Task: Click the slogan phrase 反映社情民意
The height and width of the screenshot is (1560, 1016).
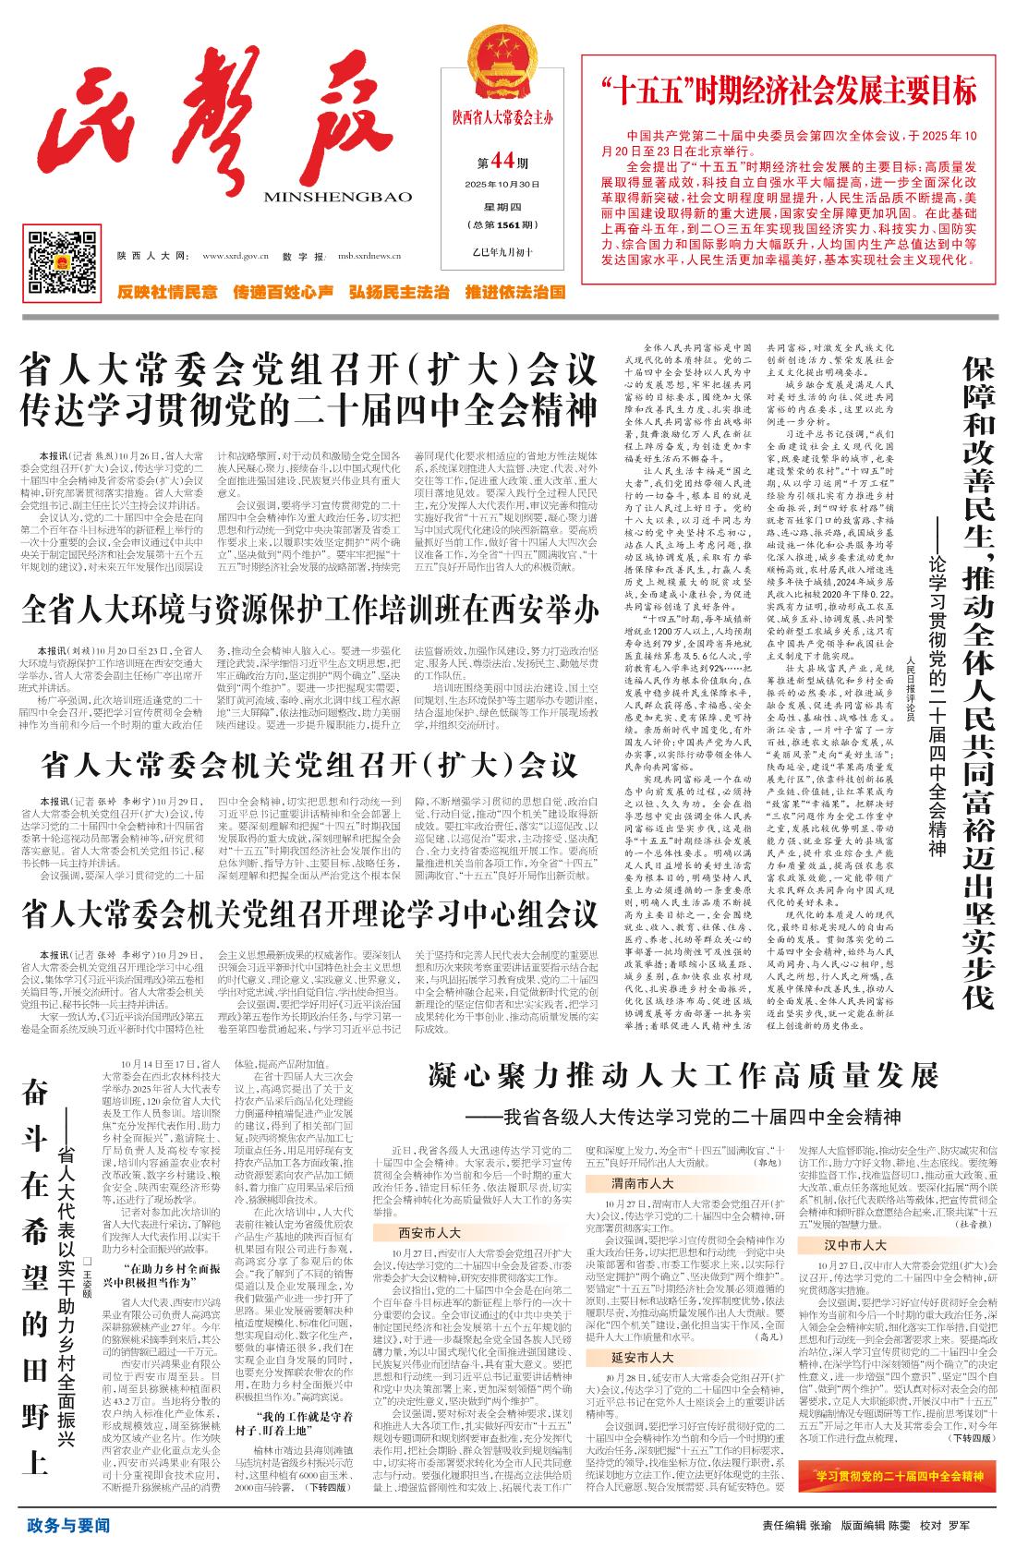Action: [x=167, y=293]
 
